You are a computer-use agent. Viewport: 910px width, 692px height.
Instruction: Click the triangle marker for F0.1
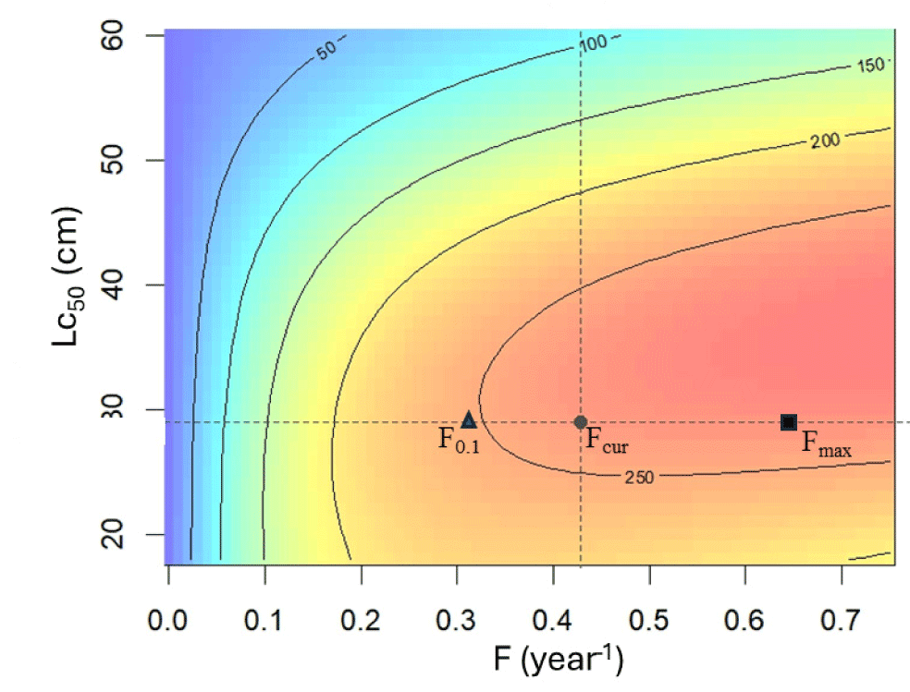[469, 420]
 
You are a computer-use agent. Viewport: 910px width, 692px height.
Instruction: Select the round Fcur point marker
[581, 422]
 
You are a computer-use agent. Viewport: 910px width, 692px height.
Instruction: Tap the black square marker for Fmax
[789, 422]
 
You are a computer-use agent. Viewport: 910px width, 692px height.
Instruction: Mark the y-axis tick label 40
[126, 285]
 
